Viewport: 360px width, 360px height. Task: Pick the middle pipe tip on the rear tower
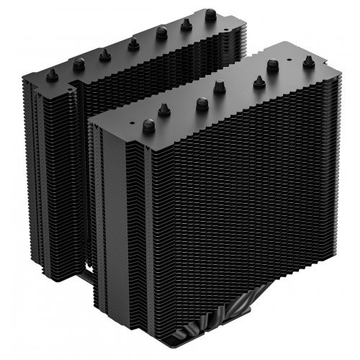132,44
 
